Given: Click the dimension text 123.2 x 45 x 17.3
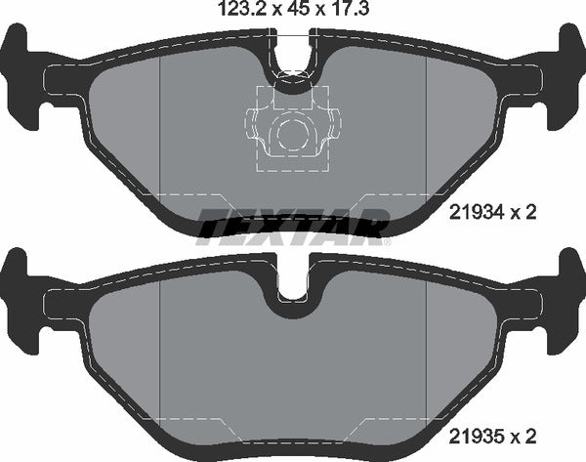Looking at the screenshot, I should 293,13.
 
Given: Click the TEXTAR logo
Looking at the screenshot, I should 293,226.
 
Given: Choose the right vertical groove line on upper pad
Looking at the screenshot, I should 427,137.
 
